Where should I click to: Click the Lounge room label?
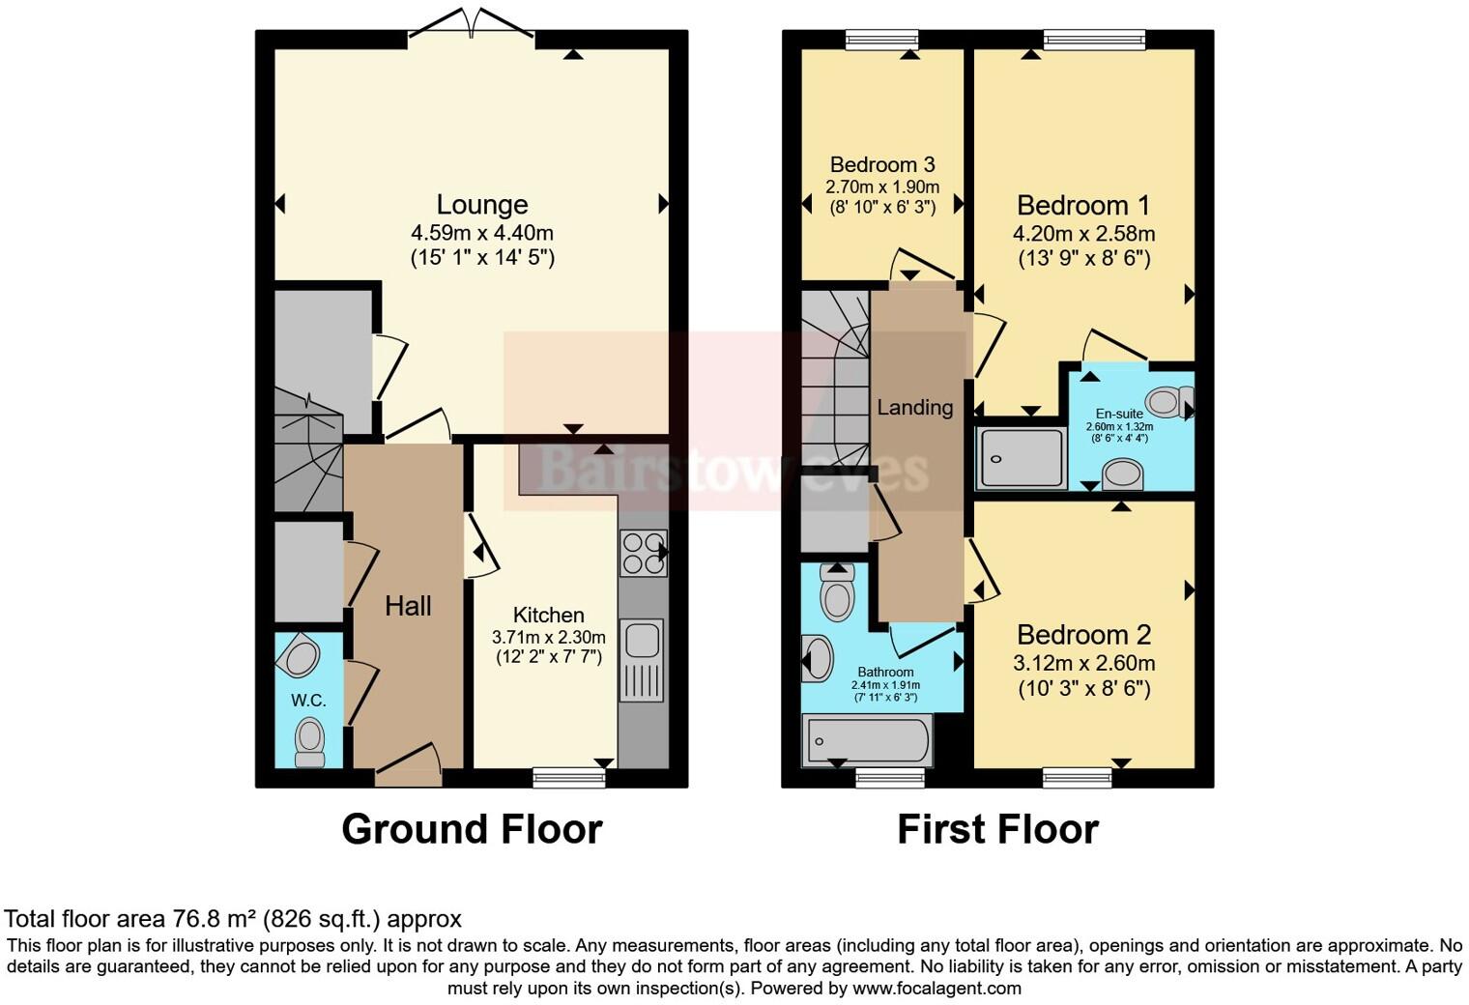tap(481, 205)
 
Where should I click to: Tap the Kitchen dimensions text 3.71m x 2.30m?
tap(548, 638)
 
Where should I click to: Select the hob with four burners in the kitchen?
tap(643, 554)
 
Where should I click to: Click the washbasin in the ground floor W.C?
tap(301, 658)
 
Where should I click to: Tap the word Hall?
tap(408, 607)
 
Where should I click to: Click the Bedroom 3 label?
tap(881, 164)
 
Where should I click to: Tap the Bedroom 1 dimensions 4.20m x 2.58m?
tap(1083, 234)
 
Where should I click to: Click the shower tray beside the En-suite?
tap(1022, 458)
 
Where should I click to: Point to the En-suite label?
tap(1119, 414)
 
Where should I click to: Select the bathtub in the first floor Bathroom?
tap(866, 741)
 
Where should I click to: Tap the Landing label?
tap(914, 408)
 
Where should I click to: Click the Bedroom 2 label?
tap(1083, 635)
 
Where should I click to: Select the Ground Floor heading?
tap(472, 830)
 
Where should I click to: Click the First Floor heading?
tap(997, 830)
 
